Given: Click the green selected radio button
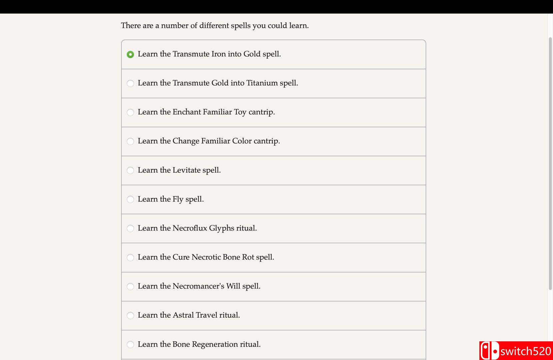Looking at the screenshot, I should pyautogui.click(x=130, y=54).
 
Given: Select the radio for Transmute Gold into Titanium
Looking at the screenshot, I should pyautogui.click(x=130, y=83).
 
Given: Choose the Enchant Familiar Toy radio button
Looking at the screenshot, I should pyautogui.click(x=130, y=112).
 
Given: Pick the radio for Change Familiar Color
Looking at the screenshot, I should pyautogui.click(x=130, y=141).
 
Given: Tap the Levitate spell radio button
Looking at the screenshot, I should pyautogui.click(x=130, y=170).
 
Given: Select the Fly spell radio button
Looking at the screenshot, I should pyautogui.click(x=130, y=199).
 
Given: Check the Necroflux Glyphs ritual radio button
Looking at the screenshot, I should pyautogui.click(x=130, y=228).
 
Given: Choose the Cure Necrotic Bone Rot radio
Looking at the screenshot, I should pyautogui.click(x=130, y=257).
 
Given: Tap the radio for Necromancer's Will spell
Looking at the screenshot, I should pyautogui.click(x=130, y=286).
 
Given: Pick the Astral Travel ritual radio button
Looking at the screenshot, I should pyautogui.click(x=130, y=315).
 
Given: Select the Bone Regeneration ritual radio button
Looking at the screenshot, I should pyautogui.click(x=130, y=344).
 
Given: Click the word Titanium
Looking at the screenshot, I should pyautogui.click(x=262, y=83).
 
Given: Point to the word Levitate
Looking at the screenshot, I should pyautogui.click(x=187, y=170).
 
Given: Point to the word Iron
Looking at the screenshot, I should pyautogui.click(x=219, y=54).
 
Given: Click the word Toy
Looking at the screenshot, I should pyautogui.click(x=240, y=112).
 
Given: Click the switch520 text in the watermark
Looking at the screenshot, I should pyautogui.click(x=526, y=351).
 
